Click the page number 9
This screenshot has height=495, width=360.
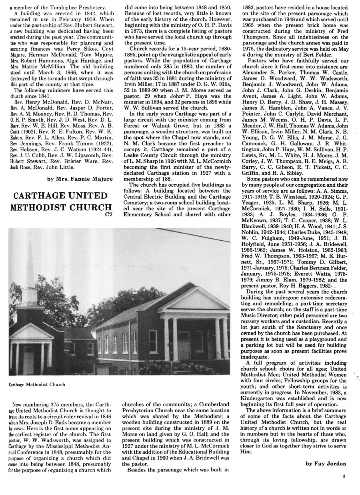pyautogui.click(x=344, y=476)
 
